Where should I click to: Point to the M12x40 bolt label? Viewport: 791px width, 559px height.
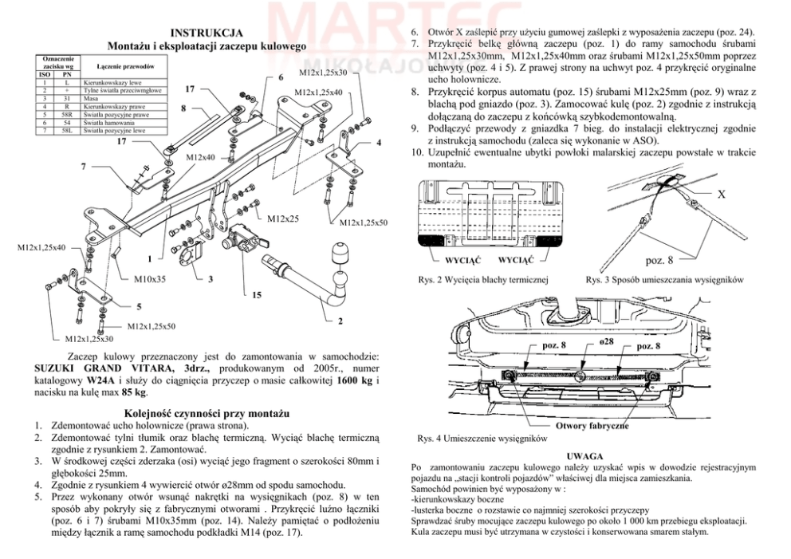click(200, 158)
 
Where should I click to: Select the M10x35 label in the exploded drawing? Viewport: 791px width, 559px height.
click(149, 279)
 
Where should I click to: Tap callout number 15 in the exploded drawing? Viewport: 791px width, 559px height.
click(256, 295)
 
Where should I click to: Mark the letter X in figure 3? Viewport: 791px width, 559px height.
click(721, 194)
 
